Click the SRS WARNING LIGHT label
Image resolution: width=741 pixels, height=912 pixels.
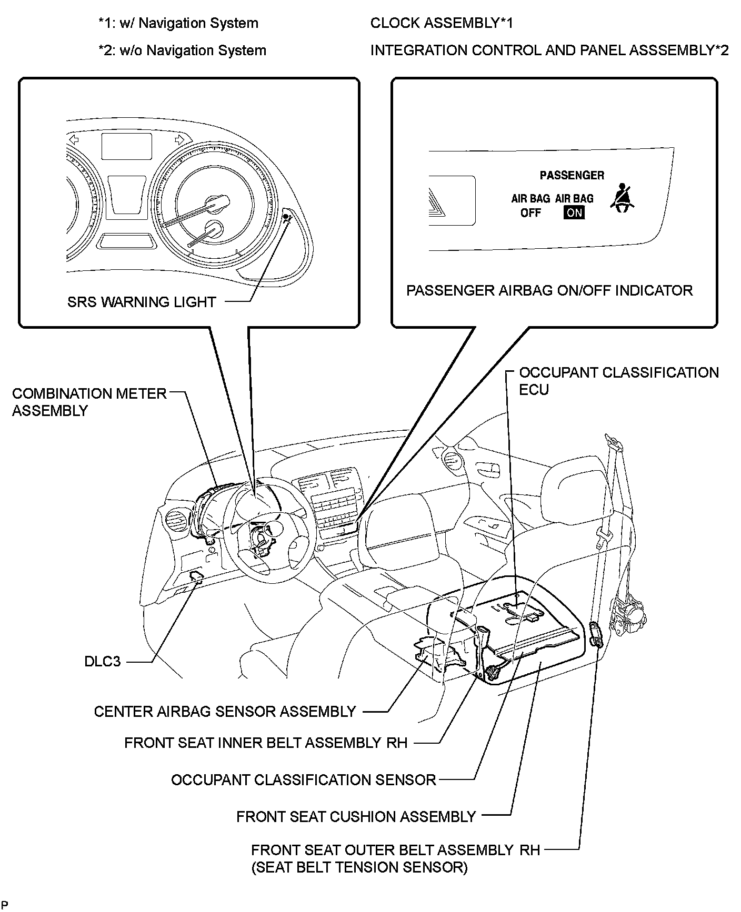(142, 302)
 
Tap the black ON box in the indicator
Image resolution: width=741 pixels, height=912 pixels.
(574, 212)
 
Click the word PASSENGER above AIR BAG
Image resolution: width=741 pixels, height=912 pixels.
(572, 175)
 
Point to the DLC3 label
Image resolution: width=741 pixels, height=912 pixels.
(103, 661)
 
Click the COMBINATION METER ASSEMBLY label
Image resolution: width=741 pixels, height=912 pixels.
(89, 402)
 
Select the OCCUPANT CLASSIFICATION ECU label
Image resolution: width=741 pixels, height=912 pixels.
(618, 381)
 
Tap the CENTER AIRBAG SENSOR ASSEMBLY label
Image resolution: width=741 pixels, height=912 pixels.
(225, 712)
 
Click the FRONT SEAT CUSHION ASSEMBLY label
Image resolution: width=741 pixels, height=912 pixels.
(356, 816)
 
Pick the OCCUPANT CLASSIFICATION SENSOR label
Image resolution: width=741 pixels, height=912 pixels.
(304, 779)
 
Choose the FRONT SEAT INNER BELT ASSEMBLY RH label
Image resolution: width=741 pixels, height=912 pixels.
(266, 743)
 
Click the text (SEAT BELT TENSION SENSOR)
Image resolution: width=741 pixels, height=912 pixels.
(359, 867)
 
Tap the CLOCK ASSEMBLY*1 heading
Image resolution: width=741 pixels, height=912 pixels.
(441, 23)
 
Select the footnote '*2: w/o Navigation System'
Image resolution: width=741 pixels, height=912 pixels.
(182, 50)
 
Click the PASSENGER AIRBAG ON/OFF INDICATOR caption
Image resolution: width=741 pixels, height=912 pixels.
(549, 290)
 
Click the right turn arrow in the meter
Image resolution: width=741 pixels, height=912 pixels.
(179, 139)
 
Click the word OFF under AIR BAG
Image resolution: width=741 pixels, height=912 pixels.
(530, 213)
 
